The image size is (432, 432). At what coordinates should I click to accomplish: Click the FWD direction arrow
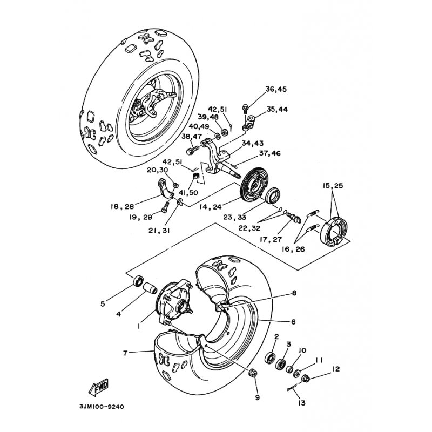tap(99, 387)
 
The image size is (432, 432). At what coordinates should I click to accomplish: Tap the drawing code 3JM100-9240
tap(102, 407)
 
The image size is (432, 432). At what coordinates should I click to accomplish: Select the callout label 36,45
tap(276, 89)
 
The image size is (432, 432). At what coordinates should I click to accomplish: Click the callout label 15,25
tap(333, 186)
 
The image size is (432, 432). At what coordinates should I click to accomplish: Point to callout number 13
tap(302, 403)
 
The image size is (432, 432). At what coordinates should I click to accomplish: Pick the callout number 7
tap(125, 353)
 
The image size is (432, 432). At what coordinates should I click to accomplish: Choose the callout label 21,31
tap(159, 231)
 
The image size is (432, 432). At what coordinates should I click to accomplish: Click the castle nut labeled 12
tap(306, 379)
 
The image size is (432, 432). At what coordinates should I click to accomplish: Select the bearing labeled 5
tap(138, 281)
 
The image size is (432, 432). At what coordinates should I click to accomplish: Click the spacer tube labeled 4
tap(151, 288)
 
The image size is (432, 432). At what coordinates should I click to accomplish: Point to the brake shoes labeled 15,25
tap(332, 231)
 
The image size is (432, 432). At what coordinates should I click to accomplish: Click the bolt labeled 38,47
tap(193, 150)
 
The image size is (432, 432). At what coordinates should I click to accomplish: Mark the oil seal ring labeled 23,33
tap(273, 195)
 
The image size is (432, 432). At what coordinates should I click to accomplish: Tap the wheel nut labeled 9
tap(253, 373)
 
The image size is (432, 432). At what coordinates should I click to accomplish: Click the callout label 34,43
tap(252, 143)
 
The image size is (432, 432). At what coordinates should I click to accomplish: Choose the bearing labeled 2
tap(270, 358)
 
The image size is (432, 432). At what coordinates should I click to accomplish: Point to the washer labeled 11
tap(297, 373)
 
